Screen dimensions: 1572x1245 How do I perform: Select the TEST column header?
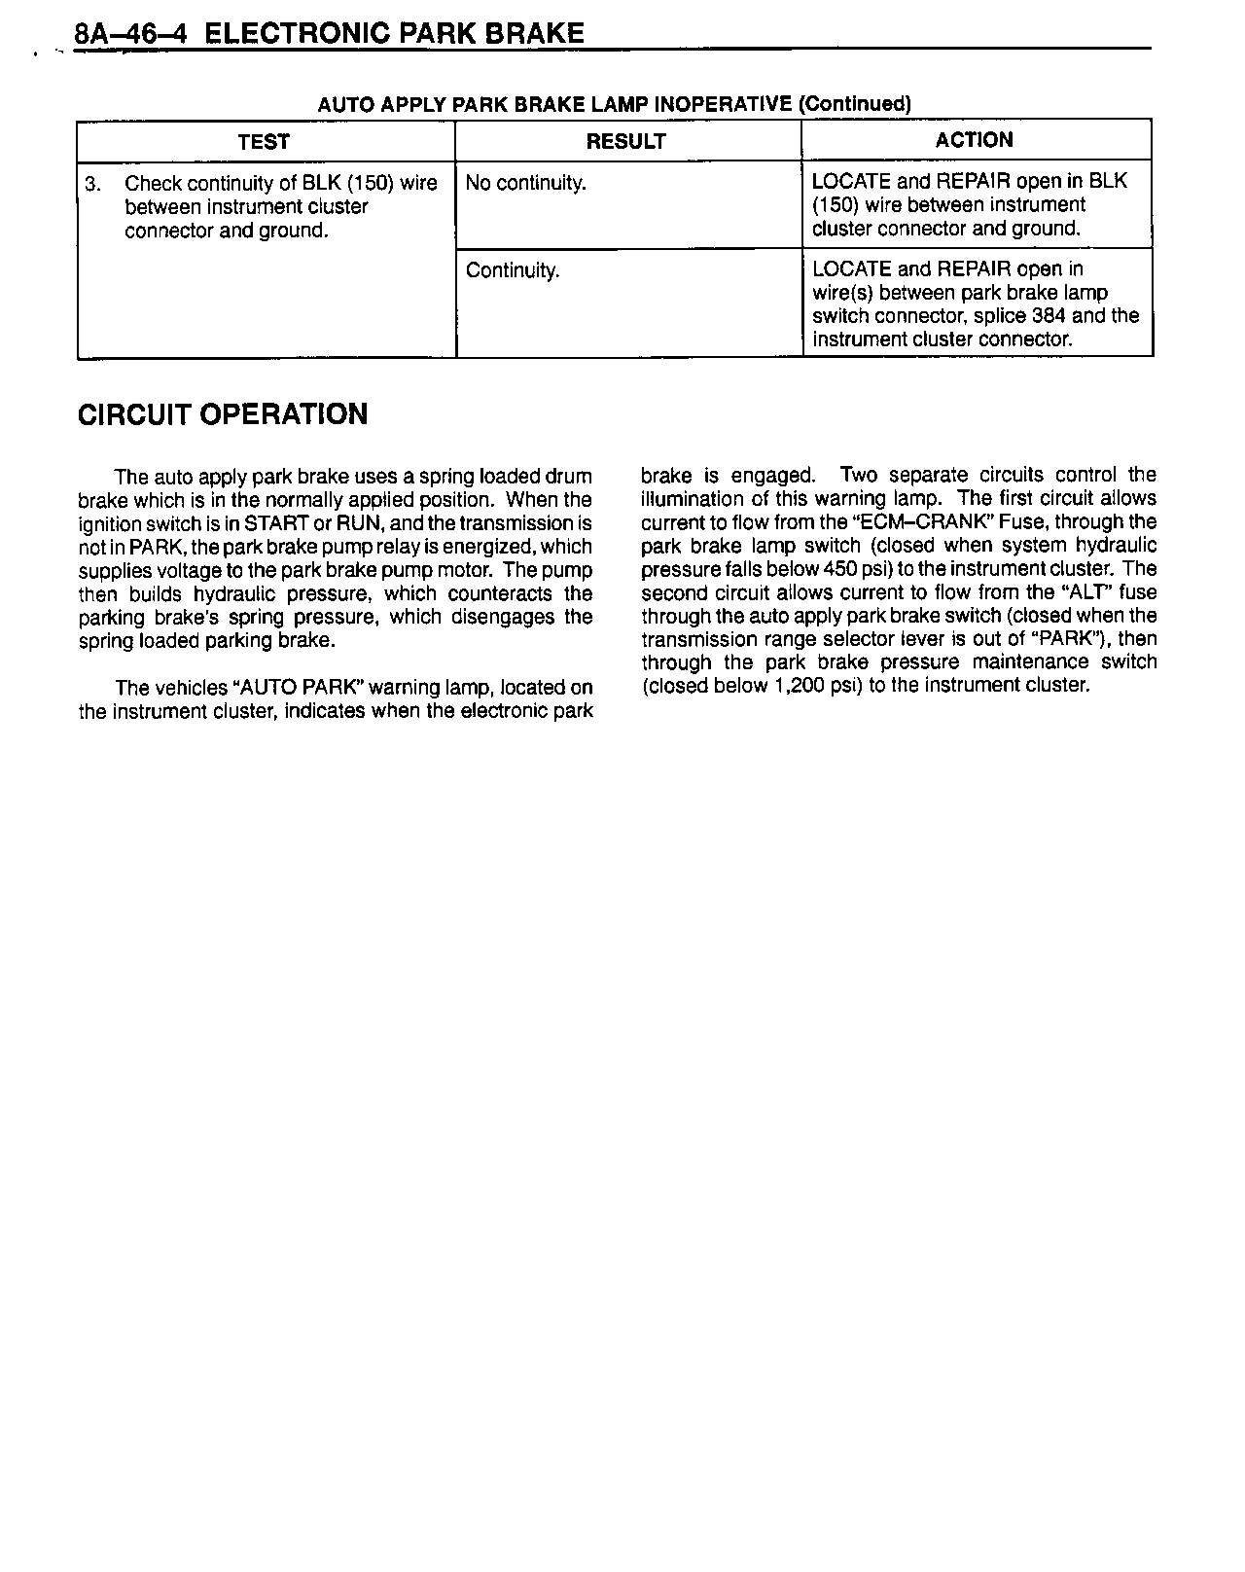pyautogui.click(x=264, y=142)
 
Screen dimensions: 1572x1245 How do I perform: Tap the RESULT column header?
pyautogui.click(x=625, y=142)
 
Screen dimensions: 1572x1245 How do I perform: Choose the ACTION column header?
pyautogui.click(x=974, y=140)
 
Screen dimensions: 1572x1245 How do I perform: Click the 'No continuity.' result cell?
pyautogui.click(x=525, y=183)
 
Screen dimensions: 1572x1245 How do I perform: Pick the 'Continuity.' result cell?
pyautogui.click(x=513, y=270)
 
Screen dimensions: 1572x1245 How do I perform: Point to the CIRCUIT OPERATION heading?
pyautogui.click(x=223, y=414)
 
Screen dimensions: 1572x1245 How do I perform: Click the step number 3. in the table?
pyautogui.click(x=93, y=183)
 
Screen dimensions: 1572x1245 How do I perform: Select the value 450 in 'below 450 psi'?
pyautogui.click(x=838, y=568)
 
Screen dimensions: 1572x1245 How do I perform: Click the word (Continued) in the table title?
pyautogui.click(x=854, y=104)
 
